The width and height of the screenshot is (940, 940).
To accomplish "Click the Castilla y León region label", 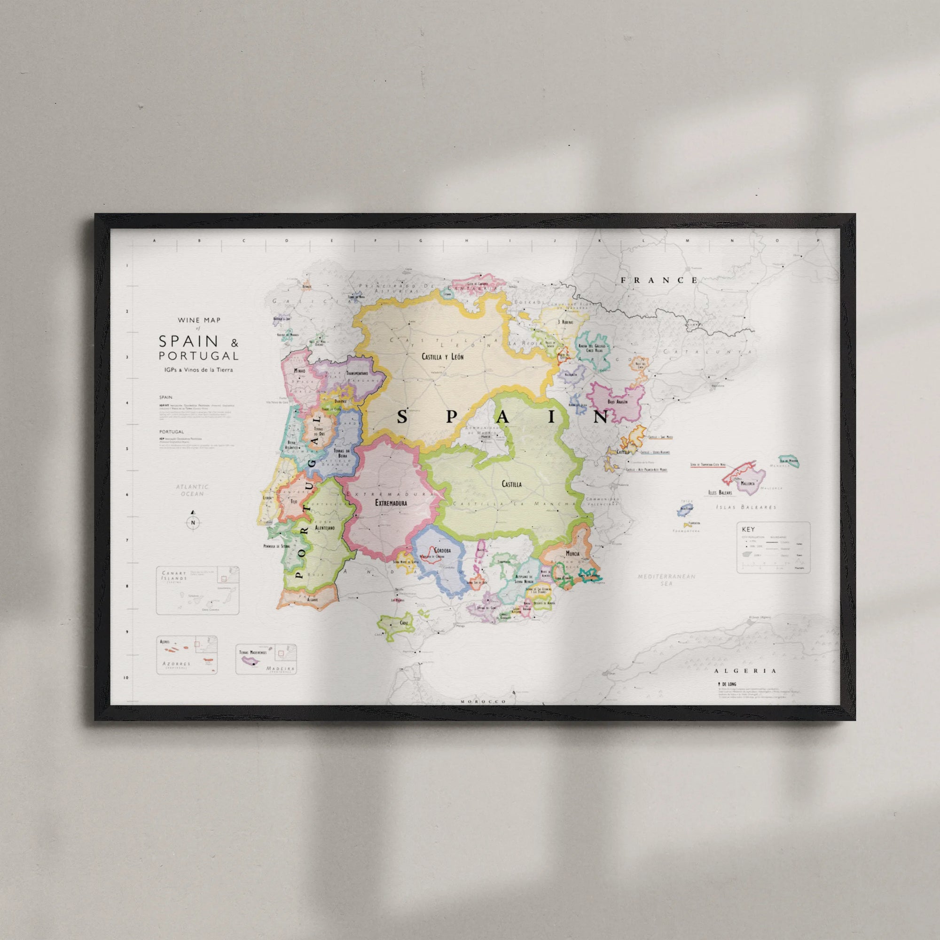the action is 442,357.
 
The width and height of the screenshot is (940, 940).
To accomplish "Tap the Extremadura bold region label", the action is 391,502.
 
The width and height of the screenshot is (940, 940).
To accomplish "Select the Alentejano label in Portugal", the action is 324,527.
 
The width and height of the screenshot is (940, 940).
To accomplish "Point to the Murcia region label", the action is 572,554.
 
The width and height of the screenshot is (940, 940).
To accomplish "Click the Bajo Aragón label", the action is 617,402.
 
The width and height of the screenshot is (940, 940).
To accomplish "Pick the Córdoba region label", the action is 442,550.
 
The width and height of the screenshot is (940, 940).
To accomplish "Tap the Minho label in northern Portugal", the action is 300,371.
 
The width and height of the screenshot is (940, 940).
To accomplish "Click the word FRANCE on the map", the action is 659,280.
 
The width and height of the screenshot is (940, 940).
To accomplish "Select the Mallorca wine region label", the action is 747,484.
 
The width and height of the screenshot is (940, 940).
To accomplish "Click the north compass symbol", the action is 193,523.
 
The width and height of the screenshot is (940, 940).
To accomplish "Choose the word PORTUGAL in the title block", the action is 198,356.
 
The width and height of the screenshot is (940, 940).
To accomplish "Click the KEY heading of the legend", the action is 748,529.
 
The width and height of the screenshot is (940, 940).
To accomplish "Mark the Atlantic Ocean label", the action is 192,490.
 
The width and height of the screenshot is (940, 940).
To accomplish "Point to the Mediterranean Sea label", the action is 666,580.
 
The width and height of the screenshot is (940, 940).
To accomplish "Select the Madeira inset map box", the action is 266,659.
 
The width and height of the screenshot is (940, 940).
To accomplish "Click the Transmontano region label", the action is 357,373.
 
